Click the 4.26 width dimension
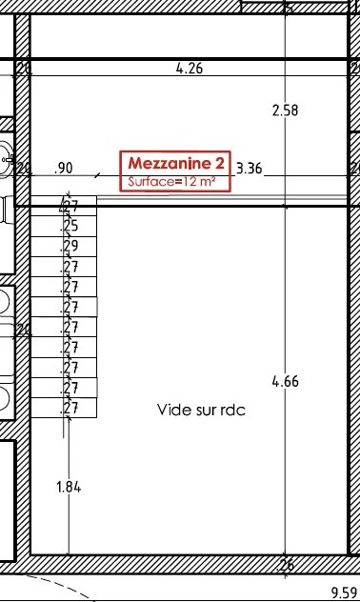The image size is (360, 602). [190, 69]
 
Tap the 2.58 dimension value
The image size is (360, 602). [285, 110]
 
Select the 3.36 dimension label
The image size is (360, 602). [250, 169]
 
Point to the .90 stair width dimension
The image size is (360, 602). [63, 169]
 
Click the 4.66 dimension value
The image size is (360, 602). [285, 381]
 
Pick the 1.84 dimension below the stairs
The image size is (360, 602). [69, 487]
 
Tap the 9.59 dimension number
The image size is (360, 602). [344, 592]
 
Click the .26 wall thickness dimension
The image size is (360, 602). [285, 564]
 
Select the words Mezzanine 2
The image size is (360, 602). [176, 163]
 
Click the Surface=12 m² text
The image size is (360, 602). [171, 181]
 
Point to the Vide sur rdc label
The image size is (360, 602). [201, 410]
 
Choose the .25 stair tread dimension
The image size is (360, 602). [70, 226]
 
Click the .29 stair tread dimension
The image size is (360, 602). [70, 246]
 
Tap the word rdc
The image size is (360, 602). [233, 410]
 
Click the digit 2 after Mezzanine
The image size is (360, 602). [220, 163]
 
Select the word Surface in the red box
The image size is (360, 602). [150, 181]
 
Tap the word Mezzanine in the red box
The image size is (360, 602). [170, 163]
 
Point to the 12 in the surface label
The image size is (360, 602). [190, 181]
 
